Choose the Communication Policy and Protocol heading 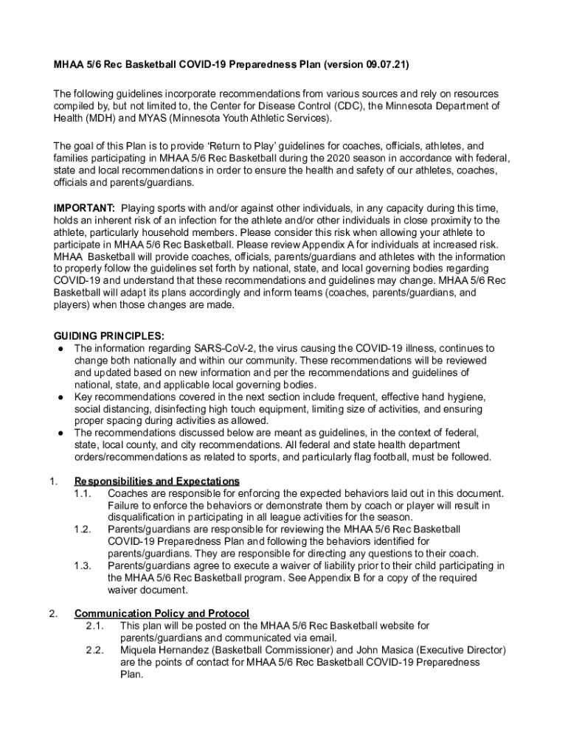click(162, 613)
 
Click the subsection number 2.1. click(94, 626)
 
